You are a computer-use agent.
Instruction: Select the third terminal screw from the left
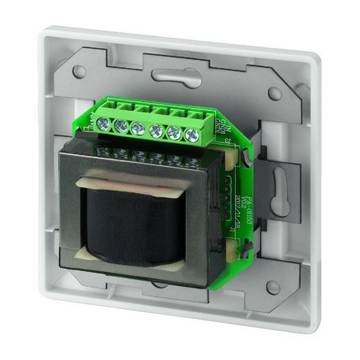(x=138, y=127)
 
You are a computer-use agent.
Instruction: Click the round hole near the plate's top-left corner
(x=79, y=72)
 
